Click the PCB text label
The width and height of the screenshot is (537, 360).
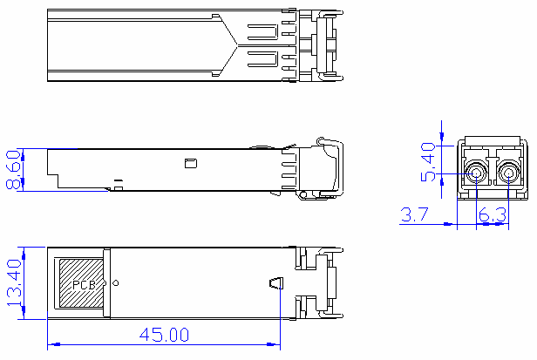(x=83, y=285)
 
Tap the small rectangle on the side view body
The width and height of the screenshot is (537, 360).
(x=190, y=162)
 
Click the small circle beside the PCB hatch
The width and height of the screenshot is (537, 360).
(x=115, y=283)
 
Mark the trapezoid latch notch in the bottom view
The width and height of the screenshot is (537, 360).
(x=275, y=284)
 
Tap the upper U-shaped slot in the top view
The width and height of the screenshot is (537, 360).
(x=263, y=33)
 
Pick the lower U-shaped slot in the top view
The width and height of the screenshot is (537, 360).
(x=263, y=60)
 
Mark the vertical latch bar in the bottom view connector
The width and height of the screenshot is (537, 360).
(x=331, y=283)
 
